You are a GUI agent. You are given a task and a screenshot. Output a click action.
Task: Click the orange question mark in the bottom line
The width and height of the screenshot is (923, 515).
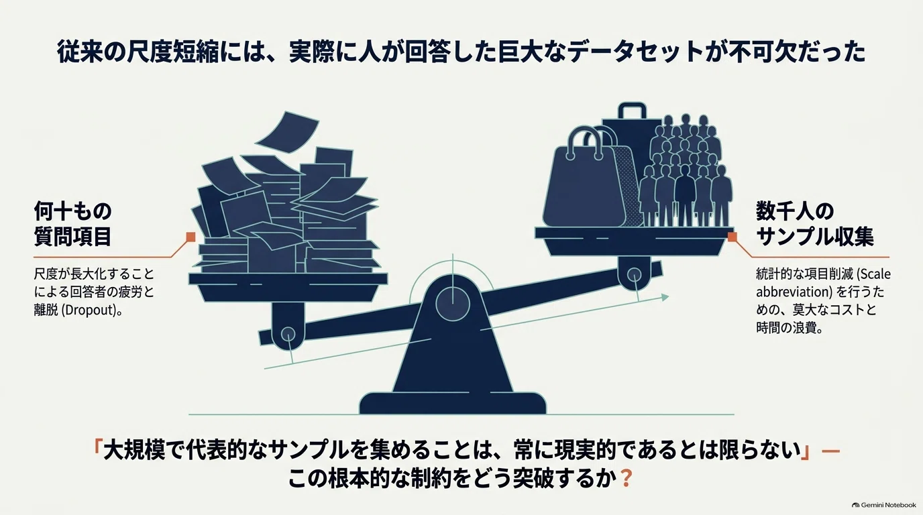pos(626,478)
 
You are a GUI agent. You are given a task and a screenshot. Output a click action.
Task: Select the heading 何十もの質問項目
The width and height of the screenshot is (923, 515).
pos(73,224)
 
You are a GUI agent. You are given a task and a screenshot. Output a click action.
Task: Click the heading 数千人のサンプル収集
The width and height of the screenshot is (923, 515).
pos(815,224)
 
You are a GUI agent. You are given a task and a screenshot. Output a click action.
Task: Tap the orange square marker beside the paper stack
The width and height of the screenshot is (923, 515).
pos(191,237)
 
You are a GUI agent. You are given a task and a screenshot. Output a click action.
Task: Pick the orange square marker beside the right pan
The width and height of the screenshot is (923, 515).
pos(732,237)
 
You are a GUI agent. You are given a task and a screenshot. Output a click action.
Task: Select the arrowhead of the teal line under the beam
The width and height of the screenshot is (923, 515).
pos(664,296)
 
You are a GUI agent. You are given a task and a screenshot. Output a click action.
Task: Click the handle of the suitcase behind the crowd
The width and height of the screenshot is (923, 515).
pos(632,110)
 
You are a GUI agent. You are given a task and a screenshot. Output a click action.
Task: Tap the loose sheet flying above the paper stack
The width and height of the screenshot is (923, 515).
pos(287,132)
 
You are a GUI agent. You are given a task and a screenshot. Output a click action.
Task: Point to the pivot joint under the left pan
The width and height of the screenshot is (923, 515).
pos(288,333)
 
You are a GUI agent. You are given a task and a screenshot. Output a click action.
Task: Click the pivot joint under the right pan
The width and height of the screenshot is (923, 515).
pos(634,274)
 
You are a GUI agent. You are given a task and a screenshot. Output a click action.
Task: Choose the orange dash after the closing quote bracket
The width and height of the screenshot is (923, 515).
pos(830,451)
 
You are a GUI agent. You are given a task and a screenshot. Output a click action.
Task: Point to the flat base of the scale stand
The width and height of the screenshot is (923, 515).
pos(452,403)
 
